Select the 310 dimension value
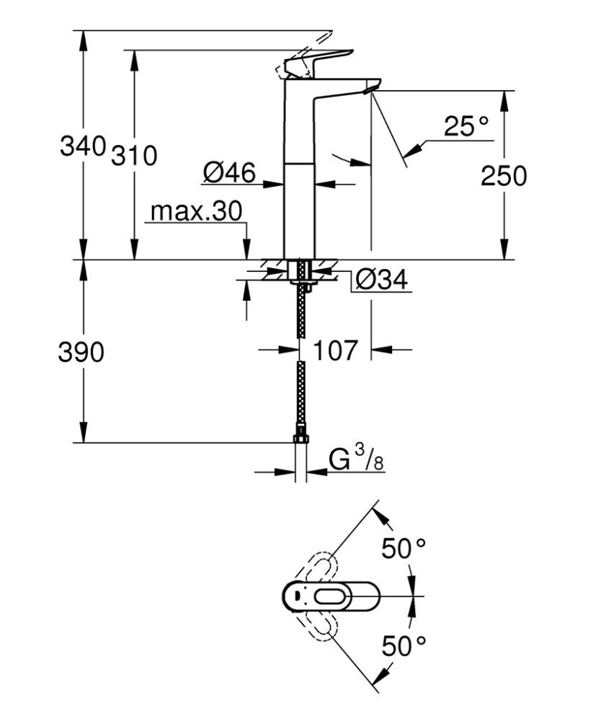point(134,155)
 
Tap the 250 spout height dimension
point(504,176)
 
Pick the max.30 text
point(196,211)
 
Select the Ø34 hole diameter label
point(381,280)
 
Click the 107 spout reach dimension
point(335,351)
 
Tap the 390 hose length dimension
point(81,353)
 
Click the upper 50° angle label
point(404,549)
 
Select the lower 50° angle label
point(404,645)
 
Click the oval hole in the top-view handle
point(332,596)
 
